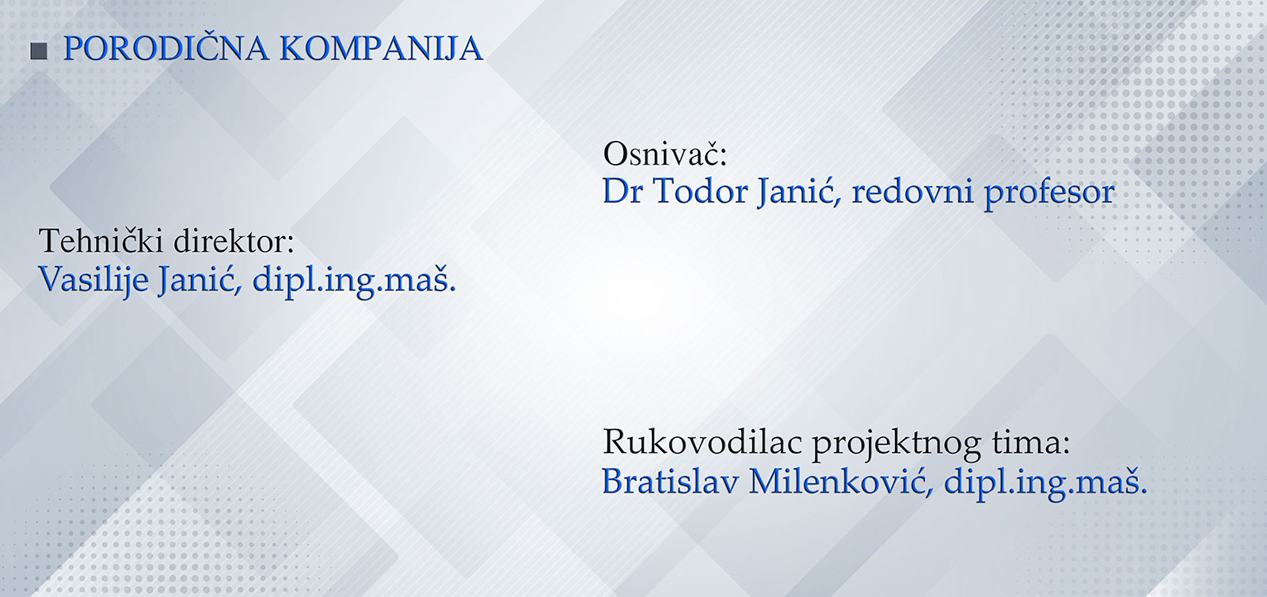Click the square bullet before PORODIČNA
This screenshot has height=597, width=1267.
(x=39, y=51)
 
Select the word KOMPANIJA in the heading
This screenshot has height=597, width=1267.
(x=381, y=48)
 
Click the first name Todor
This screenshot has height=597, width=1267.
(x=700, y=191)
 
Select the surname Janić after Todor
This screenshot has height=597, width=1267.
(x=797, y=192)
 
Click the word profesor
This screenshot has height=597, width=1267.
(x=1050, y=193)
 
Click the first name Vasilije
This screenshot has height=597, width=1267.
(x=93, y=279)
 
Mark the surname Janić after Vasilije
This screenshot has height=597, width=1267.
(x=199, y=279)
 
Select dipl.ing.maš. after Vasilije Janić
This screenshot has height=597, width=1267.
(x=354, y=279)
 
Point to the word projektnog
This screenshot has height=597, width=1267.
(x=896, y=443)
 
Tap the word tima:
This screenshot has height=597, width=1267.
(x=1030, y=441)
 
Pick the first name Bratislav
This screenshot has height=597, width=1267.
(x=670, y=481)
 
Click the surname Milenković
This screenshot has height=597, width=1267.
(x=840, y=481)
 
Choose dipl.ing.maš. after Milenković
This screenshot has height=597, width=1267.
(x=1046, y=483)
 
